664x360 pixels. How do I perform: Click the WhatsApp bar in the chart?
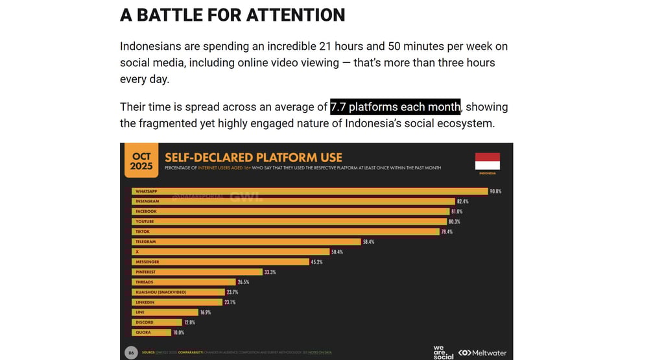coord(310,191)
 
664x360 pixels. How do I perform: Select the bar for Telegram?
coord(246,242)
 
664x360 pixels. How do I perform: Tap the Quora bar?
coord(152,332)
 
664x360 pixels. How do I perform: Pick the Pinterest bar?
coord(197,272)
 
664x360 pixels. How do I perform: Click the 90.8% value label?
coord(496,191)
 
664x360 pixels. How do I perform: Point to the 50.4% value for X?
coord(337,252)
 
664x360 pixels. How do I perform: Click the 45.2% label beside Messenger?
coord(316,262)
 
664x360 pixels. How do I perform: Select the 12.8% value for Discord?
coord(189,322)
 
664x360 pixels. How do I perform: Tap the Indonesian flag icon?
coord(488,162)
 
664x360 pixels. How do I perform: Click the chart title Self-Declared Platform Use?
coord(254,158)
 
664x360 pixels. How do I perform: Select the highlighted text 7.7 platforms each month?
coord(395,107)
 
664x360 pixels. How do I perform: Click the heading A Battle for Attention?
coord(232,15)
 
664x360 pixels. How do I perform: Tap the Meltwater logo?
coord(482,353)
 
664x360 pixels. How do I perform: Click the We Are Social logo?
coord(444,352)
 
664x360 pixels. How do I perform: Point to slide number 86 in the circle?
coord(131,352)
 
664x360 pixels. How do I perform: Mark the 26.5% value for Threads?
coord(243,282)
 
